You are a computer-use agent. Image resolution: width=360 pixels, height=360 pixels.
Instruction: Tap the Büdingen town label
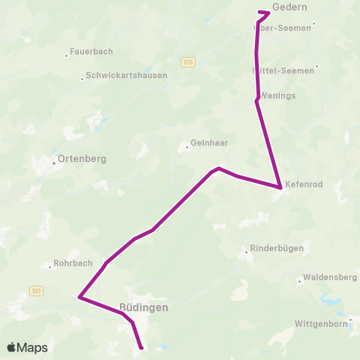(x=143, y=307)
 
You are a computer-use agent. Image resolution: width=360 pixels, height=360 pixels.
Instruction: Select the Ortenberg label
(x=81, y=159)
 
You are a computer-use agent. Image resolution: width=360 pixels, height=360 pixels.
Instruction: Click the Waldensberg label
(x=330, y=277)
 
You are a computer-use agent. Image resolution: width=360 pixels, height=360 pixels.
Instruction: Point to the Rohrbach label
(x=72, y=264)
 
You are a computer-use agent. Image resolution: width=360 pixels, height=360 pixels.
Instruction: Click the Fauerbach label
(x=91, y=52)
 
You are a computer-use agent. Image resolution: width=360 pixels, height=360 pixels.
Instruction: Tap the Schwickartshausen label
(x=126, y=76)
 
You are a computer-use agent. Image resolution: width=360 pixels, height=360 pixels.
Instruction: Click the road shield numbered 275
(x=187, y=62)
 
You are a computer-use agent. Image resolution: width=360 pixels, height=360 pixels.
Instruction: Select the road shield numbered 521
(x=36, y=290)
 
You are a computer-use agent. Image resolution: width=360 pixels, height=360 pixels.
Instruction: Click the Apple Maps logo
(x=27, y=347)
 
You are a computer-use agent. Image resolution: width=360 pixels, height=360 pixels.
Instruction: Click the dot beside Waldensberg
(x=299, y=282)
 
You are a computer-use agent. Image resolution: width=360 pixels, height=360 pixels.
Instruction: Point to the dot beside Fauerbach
(x=66, y=54)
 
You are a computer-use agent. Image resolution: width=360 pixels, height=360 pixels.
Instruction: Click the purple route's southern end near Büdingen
(x=141, y=347)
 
